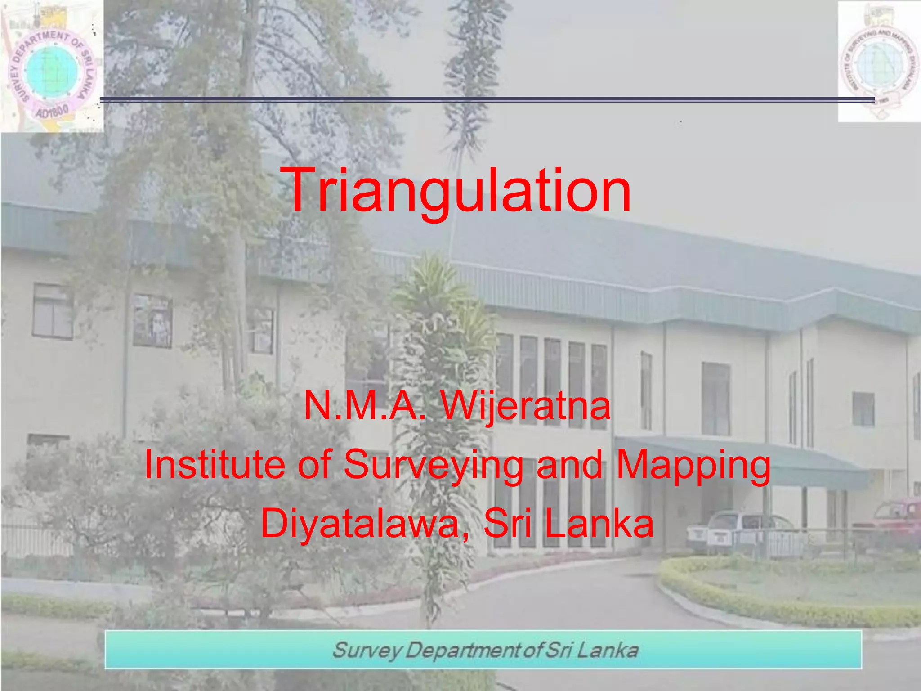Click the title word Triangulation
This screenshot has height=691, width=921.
click(457, 190)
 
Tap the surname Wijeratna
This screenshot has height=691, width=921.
click(526, 406)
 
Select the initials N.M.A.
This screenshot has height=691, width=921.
click(364, 406)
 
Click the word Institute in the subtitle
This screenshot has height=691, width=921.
click(214, 464)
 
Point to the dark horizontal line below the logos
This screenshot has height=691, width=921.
click(486, 99)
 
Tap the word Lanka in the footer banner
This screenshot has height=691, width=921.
click(607, 651)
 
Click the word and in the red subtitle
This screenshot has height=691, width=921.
click(569, 464)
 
